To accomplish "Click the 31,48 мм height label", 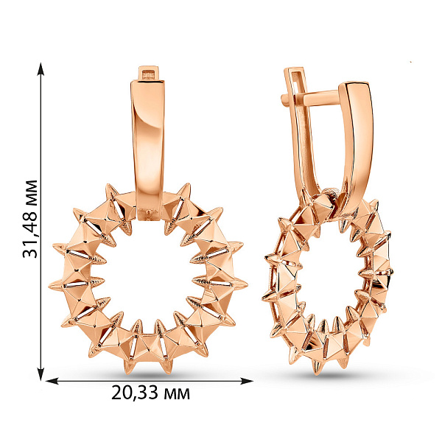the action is click(30, 219).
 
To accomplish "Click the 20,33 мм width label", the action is click(150, 393).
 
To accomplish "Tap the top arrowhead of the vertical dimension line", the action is click(41, 69).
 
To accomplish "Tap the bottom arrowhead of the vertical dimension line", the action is click(41, 373).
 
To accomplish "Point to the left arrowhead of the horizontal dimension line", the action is click(52, 381).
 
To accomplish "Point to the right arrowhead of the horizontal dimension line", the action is click(246, 381).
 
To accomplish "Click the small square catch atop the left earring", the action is click(149, 74).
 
